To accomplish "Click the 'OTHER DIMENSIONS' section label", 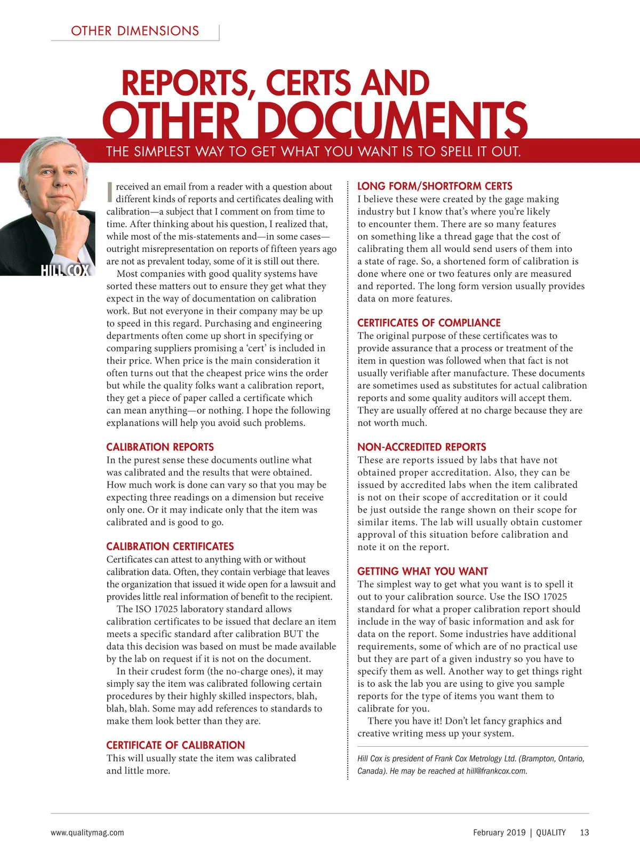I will [x=135, y=31].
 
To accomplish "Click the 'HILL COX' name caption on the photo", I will [x=65, y=270].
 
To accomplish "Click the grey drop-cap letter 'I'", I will [x=109, y=193].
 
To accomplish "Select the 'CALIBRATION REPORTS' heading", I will [x=160, y=447].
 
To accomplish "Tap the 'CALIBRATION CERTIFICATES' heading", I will [x=170, y=547].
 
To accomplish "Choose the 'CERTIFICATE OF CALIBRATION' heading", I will [x=175, y=745].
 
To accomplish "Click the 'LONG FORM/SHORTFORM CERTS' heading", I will [x=435, y=186].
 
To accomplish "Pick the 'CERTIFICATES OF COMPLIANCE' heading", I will [x=429, y=323].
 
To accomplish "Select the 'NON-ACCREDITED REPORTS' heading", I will [x=421, y=447].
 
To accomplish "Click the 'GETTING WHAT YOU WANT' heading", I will [x=422, y=571].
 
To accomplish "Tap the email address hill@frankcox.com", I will [x=497, y=771].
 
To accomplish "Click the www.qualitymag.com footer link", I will [x=87, y=832].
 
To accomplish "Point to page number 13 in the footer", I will [x=585, y=832].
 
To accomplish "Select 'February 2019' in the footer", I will [x=499, y=832].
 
